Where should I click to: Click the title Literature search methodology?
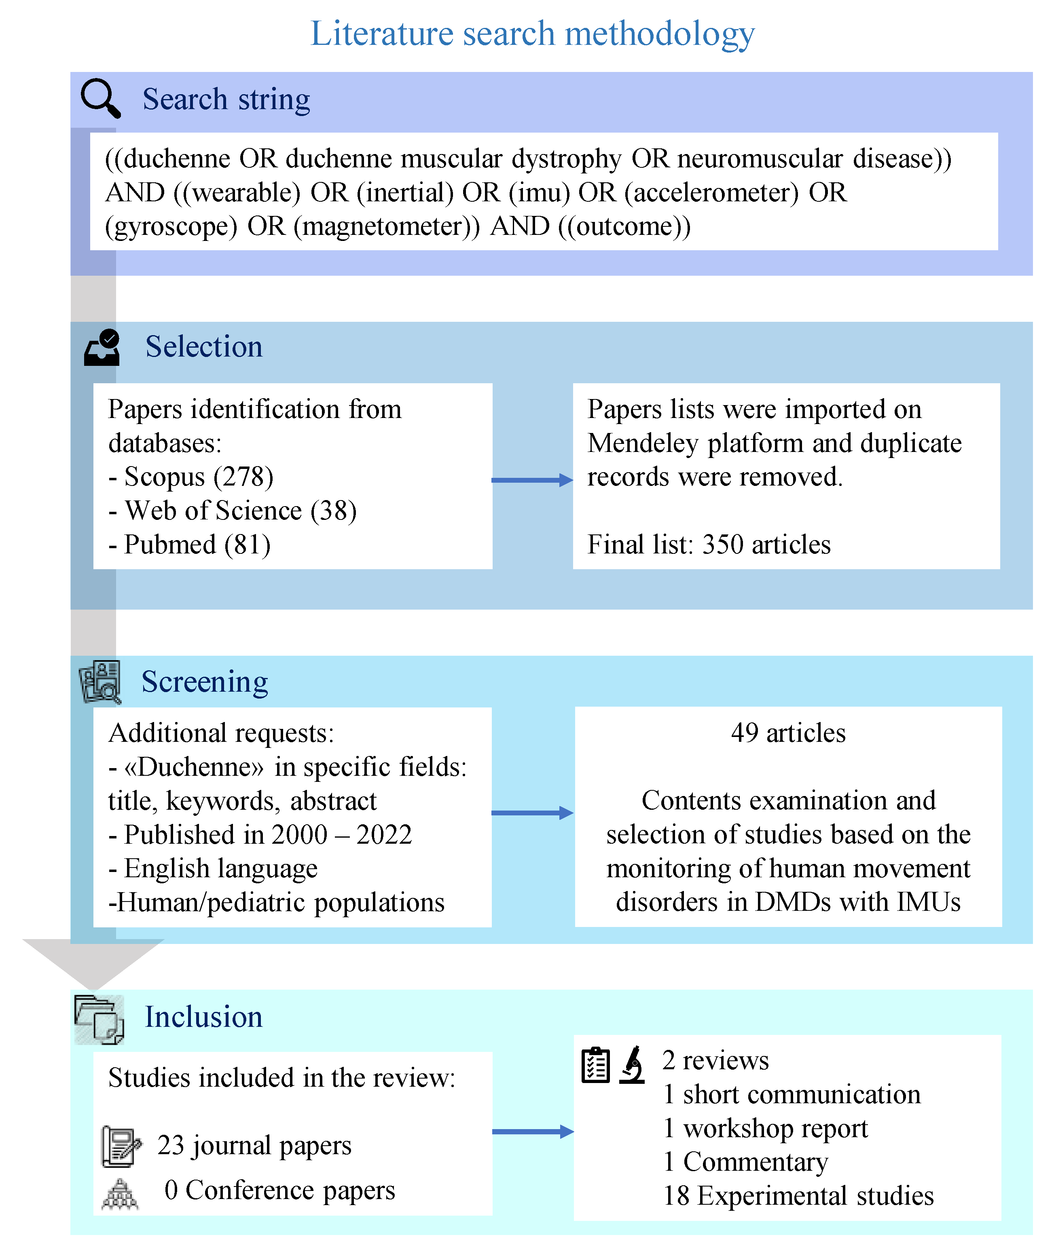coord(532,34)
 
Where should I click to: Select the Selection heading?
coord(204,346)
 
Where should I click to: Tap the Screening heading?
coord(204,682)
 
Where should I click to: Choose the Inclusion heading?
coord(204,1017)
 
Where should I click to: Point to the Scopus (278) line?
coord(191,477)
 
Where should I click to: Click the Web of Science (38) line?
coord(233,511)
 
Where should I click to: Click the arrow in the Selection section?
coord(532,479)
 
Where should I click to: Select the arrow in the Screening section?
coord(532,813)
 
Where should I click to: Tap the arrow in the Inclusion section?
coord(532,1132)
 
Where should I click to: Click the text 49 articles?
coord(788,733)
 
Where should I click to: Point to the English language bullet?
coord(213,868)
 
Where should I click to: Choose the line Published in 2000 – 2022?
coord(260,834)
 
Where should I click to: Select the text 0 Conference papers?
coord(279,1190)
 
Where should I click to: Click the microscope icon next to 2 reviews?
coord(632,1065)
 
